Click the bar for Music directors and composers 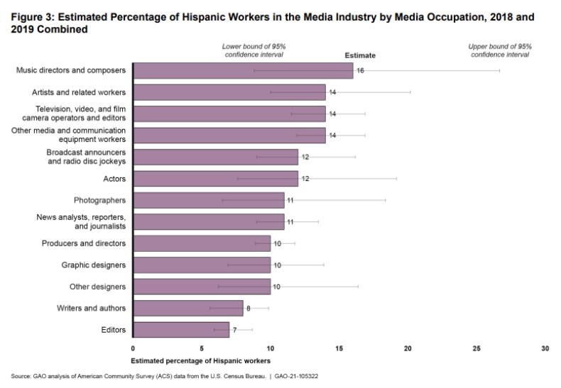(x=243, y=71)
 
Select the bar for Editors (x=181, y=330)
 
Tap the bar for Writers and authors (x=188, y=309)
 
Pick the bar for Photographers (x=209, y=201)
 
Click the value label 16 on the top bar (x=360, y=71)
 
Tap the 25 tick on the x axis (x=476, y=349)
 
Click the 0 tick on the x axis (x=133, y=349)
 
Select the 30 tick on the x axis (x=545, y=349)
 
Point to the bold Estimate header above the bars (x=360, y=55)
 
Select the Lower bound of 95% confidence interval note (x=254, y=50)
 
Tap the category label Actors (x=114, y=179)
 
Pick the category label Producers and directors (x=90, y=243)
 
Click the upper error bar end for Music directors (x=499, y=71)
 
